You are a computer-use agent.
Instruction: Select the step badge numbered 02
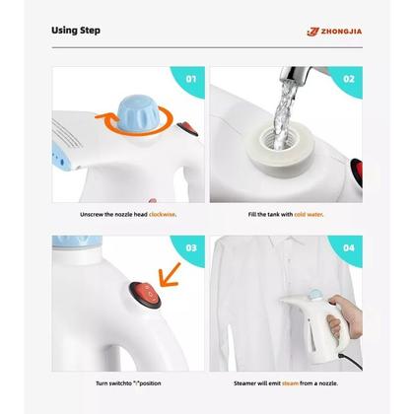pyautogui.click(x=348, y=78)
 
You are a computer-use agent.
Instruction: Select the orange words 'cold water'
pyautogui.click(x=307, y=213)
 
